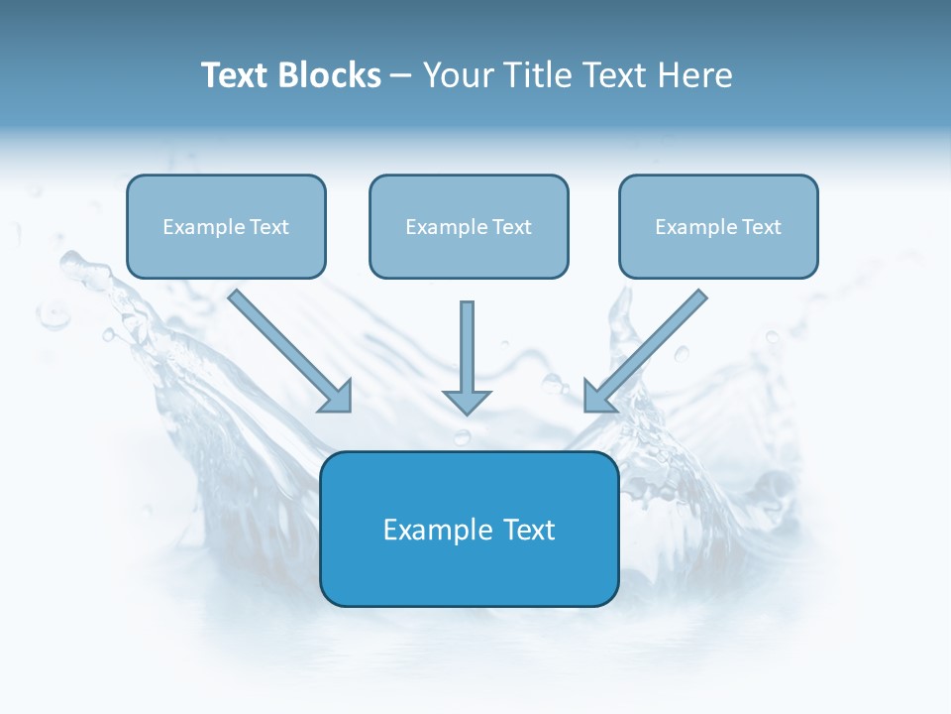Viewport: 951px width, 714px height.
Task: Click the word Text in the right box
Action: pyautogui.click(x=761, y=227)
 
